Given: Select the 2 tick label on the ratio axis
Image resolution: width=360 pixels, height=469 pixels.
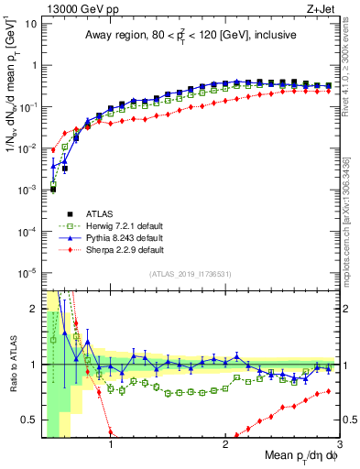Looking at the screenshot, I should pyautogui.click(x=33, y=309).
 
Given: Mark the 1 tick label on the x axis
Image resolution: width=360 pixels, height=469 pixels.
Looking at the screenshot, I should pyautogui.click(x=111, y=444).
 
